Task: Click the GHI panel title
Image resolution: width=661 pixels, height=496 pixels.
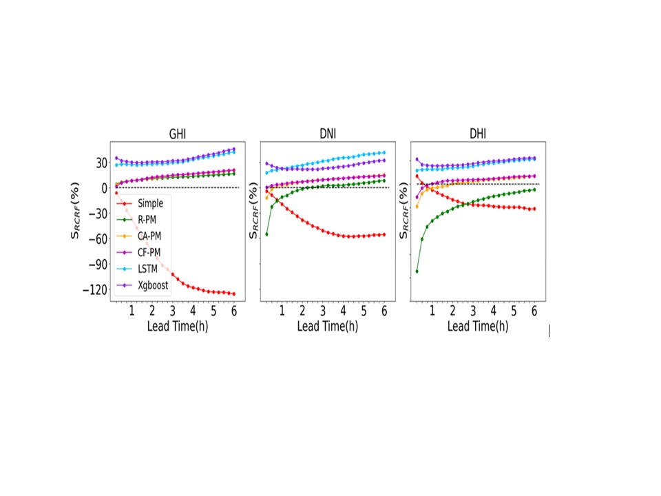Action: pos(178,134)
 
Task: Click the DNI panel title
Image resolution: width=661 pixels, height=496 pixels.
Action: pos(328,134)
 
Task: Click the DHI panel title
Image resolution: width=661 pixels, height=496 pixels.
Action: pos(478,134)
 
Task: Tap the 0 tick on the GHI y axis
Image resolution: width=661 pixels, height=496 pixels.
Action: pos(103,188)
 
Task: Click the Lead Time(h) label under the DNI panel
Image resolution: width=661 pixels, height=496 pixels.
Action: pos(328,326)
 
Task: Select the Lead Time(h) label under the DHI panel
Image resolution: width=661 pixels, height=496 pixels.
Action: pos(478,326)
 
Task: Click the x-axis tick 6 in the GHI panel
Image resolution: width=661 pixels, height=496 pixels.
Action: pos(234,311)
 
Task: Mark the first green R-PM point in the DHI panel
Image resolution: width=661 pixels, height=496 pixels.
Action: pos(417,271)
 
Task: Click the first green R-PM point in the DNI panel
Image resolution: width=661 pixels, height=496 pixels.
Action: pos(266,234)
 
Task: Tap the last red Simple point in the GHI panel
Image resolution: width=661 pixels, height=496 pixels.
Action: pos(234,294)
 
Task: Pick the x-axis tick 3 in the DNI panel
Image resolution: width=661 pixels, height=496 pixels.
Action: pos(323,311)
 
